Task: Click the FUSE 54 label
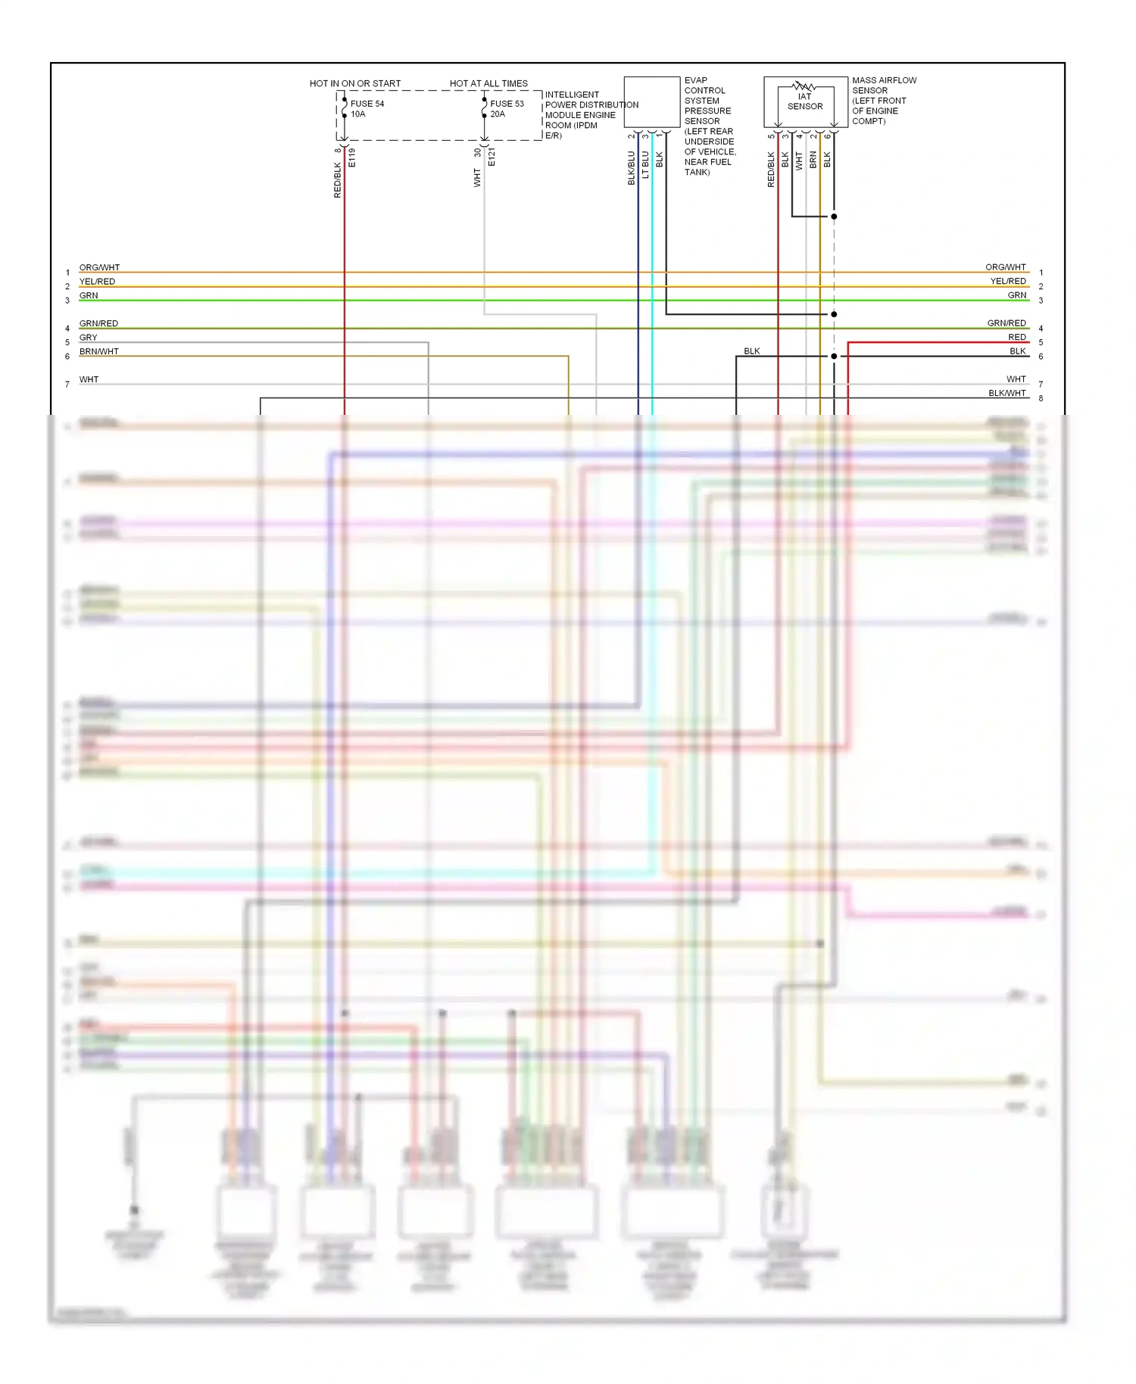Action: [367, 104]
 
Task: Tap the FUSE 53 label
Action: [507, 104]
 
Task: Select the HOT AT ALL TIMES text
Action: [488, 83]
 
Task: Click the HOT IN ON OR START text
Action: [355, 83]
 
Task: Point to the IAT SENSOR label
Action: [804, 101]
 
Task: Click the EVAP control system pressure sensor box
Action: [651, 101]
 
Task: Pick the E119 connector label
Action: [352, 157]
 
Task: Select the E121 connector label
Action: [492, 157]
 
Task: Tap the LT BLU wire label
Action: [645, 165]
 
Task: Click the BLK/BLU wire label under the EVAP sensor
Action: [632, 168]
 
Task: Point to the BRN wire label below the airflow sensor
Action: [813, 160]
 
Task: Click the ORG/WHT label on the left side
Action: [99, 267]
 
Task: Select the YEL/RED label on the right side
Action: [1008, 281]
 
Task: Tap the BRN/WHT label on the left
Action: [99, 351]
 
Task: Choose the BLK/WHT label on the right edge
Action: [1006, 393]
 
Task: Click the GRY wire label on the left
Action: [89, 338]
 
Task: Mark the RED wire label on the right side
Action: [1016, 337]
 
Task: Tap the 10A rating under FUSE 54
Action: [357, 114]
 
